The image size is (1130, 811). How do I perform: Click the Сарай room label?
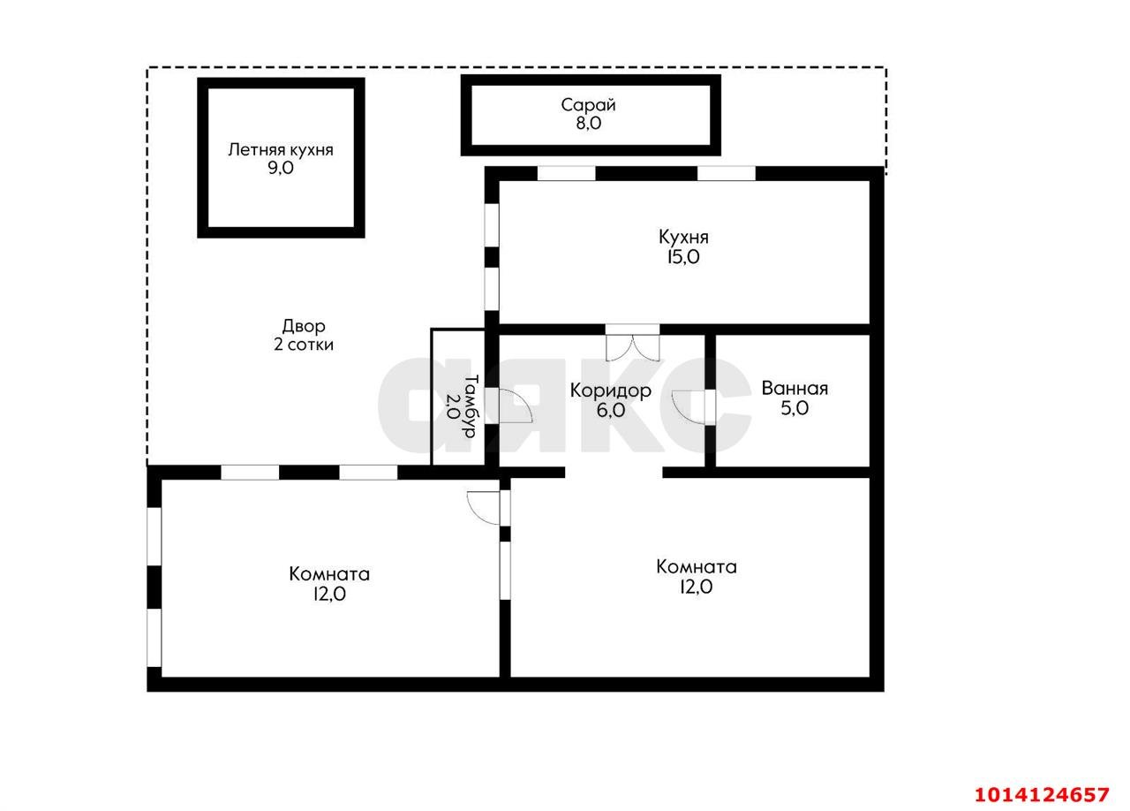[x=588, y=105]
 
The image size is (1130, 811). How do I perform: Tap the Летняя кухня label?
[x=281, y=150]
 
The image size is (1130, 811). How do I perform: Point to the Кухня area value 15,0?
[x=683, y=257]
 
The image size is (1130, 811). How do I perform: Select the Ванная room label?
[x=795, y=389]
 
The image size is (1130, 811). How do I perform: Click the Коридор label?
[x=611, y=390]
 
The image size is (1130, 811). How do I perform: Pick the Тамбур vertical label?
[x=471, y=405]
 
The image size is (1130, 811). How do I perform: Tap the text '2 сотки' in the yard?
[x=304, y=345]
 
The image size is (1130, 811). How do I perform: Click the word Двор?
[x=304, y=326]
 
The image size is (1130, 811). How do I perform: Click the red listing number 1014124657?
[x=1042, y=794]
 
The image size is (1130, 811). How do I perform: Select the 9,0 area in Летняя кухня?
[x=281, y=168]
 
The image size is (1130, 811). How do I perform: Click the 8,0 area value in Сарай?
[x=589, y=123]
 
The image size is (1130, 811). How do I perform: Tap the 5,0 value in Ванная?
[x=795, y=408]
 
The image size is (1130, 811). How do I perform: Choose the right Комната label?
[x=697, y=566]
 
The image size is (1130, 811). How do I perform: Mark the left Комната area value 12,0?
[x=329, y=594]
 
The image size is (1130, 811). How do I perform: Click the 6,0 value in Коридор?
[x=611, y=410]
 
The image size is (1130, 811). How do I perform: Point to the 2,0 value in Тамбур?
[x=453, y=406]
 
